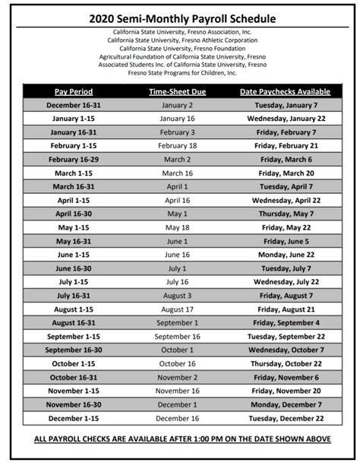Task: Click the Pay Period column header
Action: tap(74, 92)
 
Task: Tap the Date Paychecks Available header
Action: tap(286, 92)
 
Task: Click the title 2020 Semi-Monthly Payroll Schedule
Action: tap(180, 17)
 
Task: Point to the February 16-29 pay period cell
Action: tap(74, 160)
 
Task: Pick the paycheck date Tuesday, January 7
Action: tap(286, 105)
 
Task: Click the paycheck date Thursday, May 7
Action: tap(286, 214)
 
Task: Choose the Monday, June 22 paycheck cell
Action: tap(286, 255)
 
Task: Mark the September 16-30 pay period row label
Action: tap(74, 350)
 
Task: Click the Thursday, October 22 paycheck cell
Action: tap(286, 363)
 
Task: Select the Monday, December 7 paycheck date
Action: tap(286, 404)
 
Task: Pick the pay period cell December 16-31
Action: tap(74, 105)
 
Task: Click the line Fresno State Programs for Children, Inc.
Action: tap(180, 72)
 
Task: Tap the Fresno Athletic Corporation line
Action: tap(180, 40)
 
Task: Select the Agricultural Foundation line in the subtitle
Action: tap(180, 56)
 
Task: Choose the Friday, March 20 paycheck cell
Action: tap(286, 173)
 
